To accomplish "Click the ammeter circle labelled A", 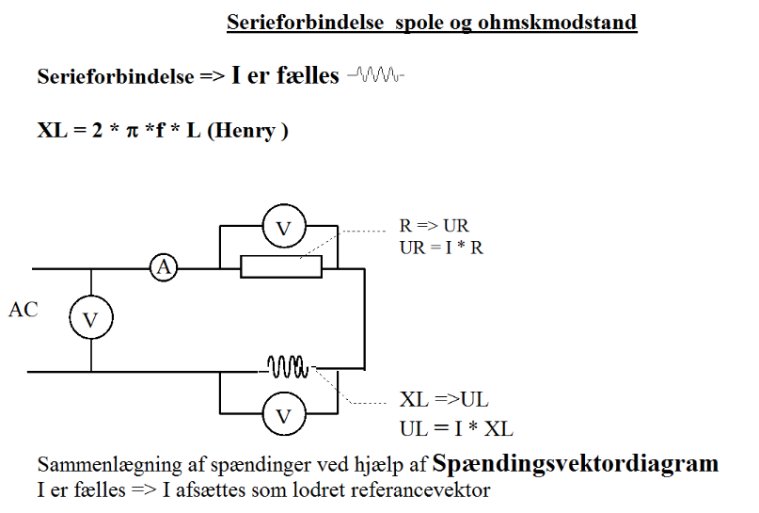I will click(164, 267).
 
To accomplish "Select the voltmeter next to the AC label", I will click(90, 320).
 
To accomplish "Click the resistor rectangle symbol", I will click(280, 267).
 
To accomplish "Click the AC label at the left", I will click(23, 310).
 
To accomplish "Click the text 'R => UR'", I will click(435, 227).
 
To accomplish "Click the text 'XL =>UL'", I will click(444, 399).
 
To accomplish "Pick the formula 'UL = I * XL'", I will click(456, 429).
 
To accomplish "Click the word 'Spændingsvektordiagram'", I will click(576, 464).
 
